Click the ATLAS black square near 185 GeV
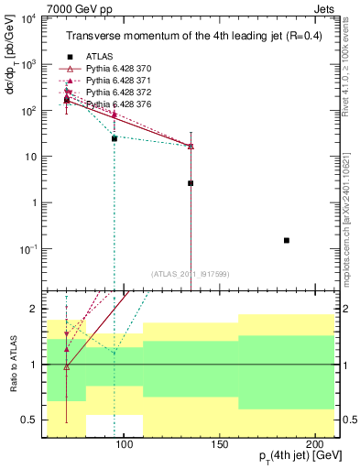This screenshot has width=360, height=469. (x=287, y=240)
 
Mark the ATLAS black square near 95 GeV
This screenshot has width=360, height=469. (x=114, y=138)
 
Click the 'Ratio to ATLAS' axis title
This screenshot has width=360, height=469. (x=14, y=364)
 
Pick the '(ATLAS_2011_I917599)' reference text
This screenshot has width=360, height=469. (x=190, y=274)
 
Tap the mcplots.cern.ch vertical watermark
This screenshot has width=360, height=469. (x=352, y=211)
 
